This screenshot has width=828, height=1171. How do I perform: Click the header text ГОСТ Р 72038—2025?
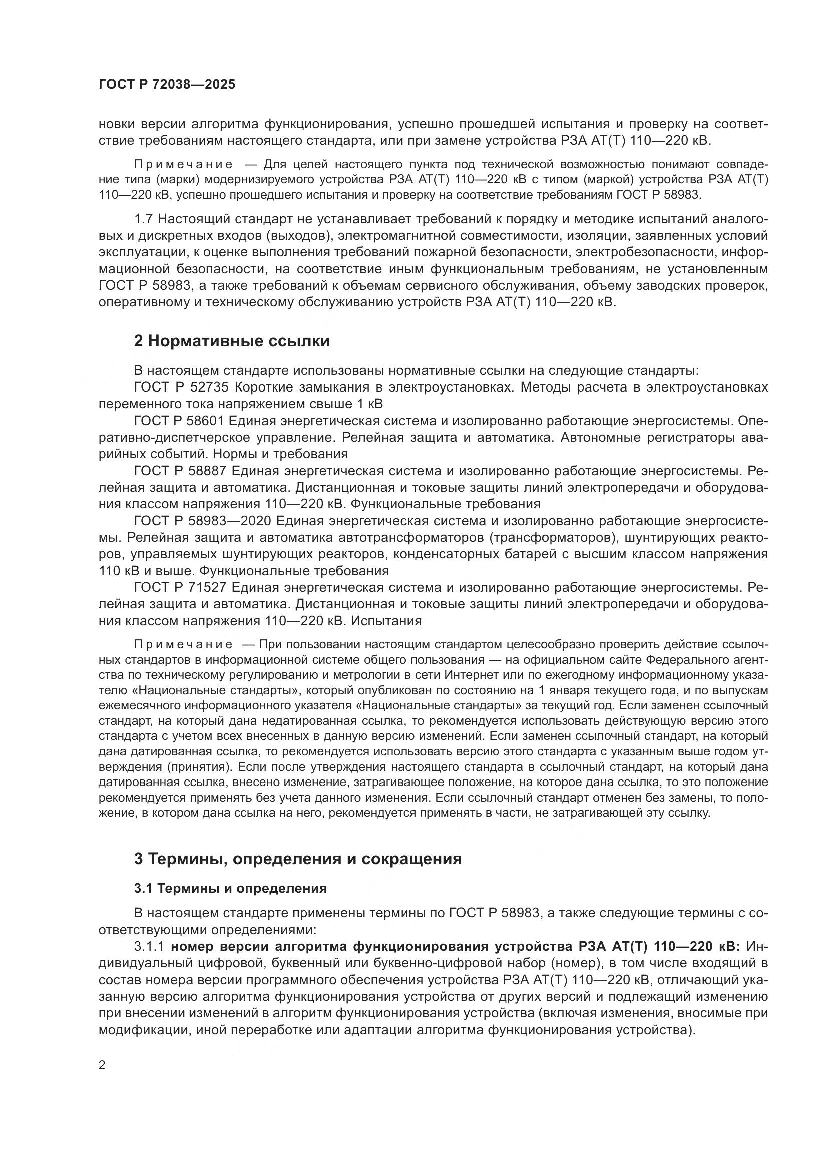point(167,85)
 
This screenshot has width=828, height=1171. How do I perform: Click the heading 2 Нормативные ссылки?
point(231,341)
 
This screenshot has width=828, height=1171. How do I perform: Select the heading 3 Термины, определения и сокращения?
point(298,859)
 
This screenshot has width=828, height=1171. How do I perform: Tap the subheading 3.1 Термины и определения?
point(230,888)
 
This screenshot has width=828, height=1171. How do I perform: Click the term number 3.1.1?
point(148,946)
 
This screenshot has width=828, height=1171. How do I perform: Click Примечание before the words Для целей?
point(184,164)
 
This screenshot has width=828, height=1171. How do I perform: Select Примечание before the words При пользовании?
point(184,645)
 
